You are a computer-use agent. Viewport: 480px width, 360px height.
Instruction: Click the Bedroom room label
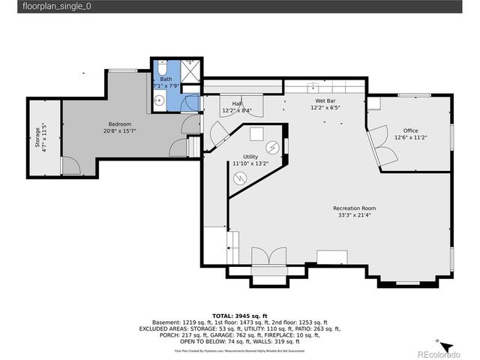[x=120, y=124]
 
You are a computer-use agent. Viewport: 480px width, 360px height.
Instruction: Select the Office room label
[x=410, y=130]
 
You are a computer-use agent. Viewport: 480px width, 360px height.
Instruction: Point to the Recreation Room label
[x=355, y=208]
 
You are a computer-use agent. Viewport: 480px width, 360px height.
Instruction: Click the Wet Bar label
[x=325, y=100]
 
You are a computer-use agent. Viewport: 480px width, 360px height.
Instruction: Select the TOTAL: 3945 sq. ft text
[x=240, y=316]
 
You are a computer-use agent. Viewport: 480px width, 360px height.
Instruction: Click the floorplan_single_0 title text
[x=52, y=6]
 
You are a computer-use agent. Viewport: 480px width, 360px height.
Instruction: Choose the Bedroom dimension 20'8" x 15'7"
[x=120, y=131]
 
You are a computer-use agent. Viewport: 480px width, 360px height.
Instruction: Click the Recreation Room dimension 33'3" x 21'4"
[x=355, y=215]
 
